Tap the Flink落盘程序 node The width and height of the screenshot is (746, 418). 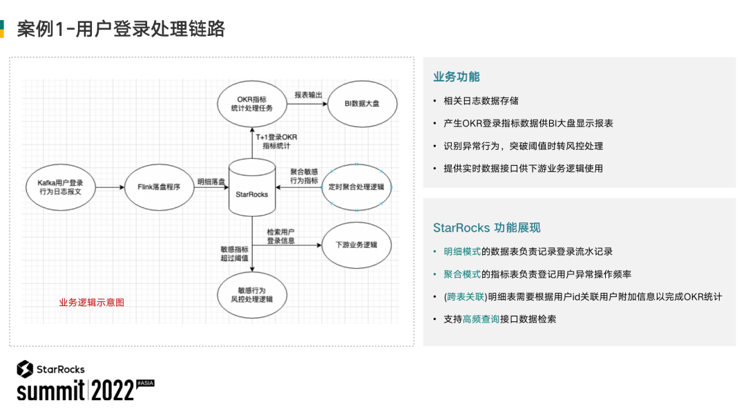(x=157, y=187)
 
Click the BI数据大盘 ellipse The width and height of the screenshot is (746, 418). (x=361, y=104)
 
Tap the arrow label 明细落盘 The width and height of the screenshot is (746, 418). (x=211, y=181)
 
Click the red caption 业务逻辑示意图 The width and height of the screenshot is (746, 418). (x=92, y=302)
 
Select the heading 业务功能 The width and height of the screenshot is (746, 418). (x=456, y=77)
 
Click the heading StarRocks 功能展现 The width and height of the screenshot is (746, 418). (x=486, y=227)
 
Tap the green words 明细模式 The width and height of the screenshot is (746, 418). (x=462, y=251)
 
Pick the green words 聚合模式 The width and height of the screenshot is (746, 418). (x=462, y=274)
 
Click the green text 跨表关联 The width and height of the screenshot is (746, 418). (x=466, y=297)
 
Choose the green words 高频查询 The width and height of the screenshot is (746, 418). (x=481, y=319)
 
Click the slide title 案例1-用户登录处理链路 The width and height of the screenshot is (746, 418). (x=121, y=29)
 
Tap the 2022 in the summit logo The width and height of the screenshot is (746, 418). (x=113, y=390)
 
